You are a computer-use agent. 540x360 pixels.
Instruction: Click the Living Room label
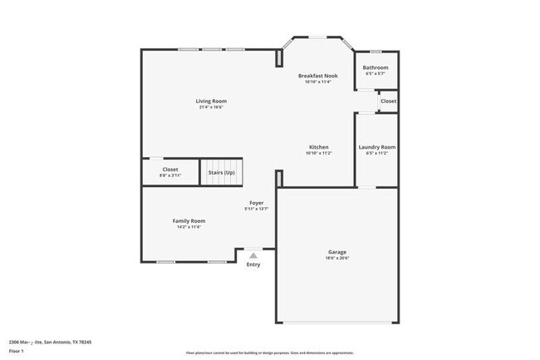pos(212,101)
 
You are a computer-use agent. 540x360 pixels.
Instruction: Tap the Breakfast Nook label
pos(318,76)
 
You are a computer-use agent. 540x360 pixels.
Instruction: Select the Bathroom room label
pos(376,67)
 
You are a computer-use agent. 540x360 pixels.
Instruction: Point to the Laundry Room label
pos(376,147)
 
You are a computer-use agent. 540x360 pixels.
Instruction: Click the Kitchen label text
pos(318,147)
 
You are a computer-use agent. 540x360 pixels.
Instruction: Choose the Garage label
pos(337,251)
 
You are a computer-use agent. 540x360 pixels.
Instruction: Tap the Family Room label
pos(189,220)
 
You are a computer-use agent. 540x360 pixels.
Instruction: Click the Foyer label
pos(257,203)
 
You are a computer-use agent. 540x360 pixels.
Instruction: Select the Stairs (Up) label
pos(221,172)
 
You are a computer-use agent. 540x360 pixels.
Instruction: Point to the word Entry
pos(253,264)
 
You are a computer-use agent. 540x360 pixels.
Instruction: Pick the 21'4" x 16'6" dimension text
pos(212,107)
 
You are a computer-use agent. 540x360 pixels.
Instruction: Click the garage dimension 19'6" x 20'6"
pos(337,258)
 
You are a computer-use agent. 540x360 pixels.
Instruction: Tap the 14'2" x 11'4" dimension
pos(189,227)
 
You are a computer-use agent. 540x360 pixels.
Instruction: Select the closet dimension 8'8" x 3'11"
pos(169,175)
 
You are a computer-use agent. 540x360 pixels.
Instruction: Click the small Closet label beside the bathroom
pos(388,101)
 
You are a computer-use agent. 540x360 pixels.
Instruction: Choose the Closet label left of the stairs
pos(169,169)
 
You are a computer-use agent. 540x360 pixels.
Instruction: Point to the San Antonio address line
pos(50,342)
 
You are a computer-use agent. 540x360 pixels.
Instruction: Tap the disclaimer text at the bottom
pos(269,353)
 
